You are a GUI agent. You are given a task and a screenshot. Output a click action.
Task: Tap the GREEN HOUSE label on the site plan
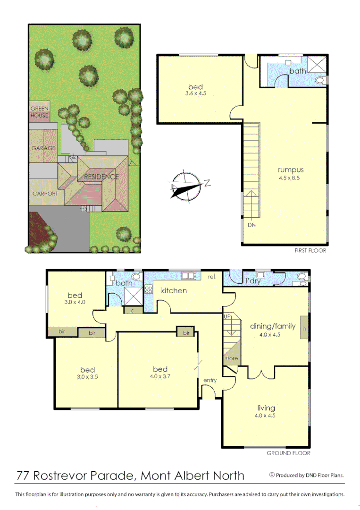[x=40, y=112]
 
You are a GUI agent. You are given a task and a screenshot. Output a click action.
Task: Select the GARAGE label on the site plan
[x=43, y=148]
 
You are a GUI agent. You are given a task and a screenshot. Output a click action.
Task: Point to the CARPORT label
[x=45, y=194]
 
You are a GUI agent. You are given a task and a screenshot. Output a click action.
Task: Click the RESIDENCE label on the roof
[x=101, y=177]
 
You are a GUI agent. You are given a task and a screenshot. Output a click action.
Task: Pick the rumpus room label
[x=290, y=170]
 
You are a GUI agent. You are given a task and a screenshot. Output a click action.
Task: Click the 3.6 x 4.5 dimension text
[x=195, y=93]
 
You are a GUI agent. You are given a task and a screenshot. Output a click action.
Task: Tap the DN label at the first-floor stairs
[x=251, y=225]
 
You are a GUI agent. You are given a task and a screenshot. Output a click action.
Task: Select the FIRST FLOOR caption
[x=310, y=251]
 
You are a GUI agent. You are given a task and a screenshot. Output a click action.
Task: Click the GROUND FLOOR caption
[x=288, y=453]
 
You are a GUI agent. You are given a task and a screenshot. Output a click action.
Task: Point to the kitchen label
[x=174, y=290]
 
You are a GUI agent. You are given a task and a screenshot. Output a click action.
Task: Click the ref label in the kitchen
[x=212, y=277]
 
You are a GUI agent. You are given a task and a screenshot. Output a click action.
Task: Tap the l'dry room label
[x=253, y=281]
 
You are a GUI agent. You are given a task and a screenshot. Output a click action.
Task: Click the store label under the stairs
[x=231, y=358]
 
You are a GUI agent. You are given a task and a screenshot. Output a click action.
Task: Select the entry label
[x=210, y=380]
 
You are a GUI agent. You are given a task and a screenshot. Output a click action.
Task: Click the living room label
[x=266, y=408]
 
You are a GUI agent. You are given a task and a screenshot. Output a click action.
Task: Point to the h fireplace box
[x=304, y=328]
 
